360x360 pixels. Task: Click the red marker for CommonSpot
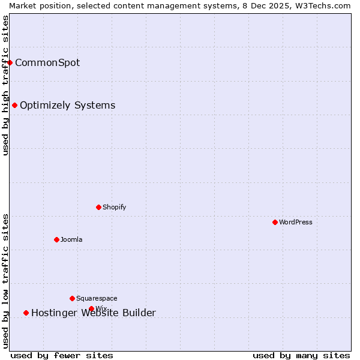[10, 62]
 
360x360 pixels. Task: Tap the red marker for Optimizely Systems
[15, 106]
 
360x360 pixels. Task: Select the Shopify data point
[99, 207]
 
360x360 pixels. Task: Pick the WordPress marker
[275, 222]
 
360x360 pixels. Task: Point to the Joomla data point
[57, 239]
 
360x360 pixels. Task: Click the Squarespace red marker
[73, 298]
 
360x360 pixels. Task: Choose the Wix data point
[92, 309]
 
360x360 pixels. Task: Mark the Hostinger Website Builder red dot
[26, 313]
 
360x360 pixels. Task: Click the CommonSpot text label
[47, 62]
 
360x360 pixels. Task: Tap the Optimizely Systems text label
[68, 106]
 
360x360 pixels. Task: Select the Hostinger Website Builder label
[94, 313]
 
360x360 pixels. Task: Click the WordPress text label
[296, 222]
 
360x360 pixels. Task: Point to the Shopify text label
[115, 207]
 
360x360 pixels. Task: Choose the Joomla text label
[71, 239]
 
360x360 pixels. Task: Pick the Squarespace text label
[97, 298]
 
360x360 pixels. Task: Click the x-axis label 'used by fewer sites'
[62, 355]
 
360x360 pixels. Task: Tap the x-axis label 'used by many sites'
[301, 355]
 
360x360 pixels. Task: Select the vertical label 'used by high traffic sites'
[5, 85]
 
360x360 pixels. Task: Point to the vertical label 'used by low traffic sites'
[5, 281]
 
